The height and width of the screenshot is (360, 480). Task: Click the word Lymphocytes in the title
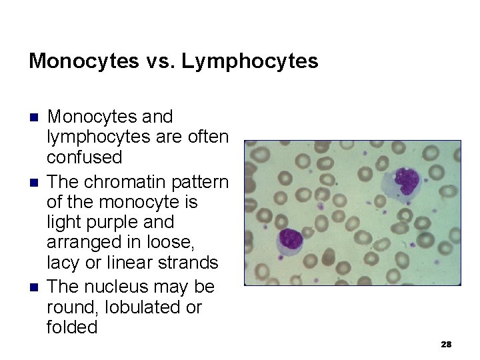250,62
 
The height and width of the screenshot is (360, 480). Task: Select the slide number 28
446,345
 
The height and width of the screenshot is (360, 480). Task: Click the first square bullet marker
34,117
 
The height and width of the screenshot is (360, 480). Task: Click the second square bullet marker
34,182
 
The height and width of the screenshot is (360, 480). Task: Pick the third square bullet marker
34,287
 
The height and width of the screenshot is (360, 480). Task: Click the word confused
85,158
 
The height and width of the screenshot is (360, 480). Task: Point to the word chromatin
131,181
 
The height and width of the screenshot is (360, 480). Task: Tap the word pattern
201,181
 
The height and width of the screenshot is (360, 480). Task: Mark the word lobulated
137,307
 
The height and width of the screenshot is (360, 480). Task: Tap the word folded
72,327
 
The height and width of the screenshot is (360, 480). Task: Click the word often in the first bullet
207,137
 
